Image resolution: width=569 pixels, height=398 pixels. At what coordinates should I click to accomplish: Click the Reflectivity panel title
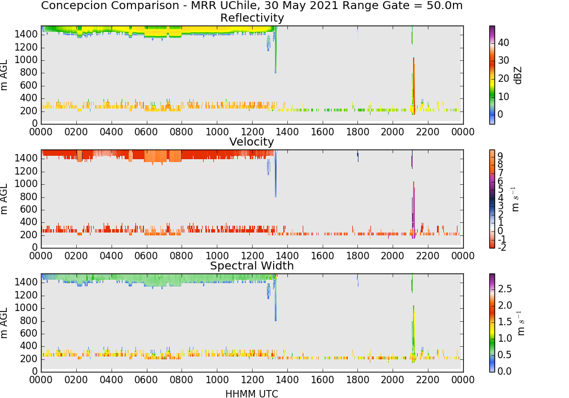click(x=252, y=18)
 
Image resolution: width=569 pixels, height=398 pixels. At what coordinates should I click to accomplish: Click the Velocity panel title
click(x=251, y=142)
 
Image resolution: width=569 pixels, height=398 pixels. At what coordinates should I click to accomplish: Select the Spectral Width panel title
click(x=252, y=266)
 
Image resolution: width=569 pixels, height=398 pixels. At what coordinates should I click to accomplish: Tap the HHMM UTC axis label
click(x=251, y=393)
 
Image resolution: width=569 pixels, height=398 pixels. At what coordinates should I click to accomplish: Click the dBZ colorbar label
click(x=518, y=76)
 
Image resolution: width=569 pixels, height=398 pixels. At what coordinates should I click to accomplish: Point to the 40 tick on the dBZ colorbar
click(x=504, y=43)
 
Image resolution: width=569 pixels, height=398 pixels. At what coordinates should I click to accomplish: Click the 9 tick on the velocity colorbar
click(x=500, y=156)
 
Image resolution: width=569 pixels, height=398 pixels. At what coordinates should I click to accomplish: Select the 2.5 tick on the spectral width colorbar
click(x=505, y=288)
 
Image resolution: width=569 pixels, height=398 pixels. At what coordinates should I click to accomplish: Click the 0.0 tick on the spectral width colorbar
click(x=505, y=371)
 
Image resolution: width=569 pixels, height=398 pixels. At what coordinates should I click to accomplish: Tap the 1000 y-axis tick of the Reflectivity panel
click(x=26, y=60)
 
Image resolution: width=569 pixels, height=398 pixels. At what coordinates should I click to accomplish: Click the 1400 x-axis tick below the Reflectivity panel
click(x=287, y=131)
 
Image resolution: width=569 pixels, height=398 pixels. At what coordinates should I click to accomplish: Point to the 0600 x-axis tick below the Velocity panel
click(x=146, y=255)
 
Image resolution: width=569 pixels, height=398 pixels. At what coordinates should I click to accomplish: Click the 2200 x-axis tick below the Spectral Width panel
click(x=427, y=379)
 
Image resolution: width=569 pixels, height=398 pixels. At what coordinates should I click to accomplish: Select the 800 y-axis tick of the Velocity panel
click(x=29, y=197)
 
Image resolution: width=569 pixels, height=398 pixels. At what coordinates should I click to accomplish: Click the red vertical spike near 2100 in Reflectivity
click(x=413, y=86)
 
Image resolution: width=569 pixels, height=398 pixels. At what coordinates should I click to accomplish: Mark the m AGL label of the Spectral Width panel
click(x=4, y=323)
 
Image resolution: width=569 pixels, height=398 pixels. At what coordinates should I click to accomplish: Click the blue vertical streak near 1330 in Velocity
click(x=276, y=173)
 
